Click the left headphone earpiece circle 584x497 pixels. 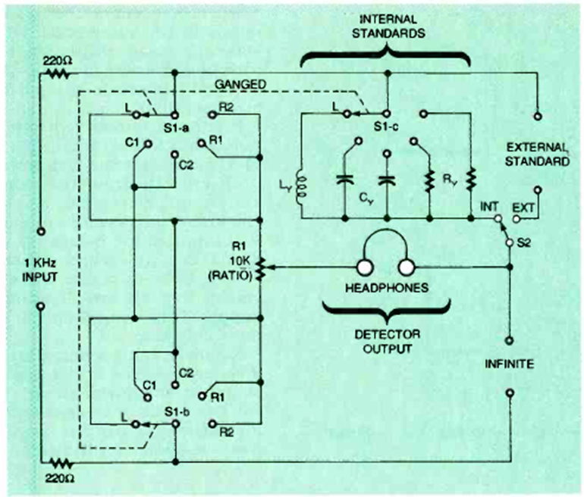click(365, 267)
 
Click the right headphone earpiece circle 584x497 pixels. click(407, 267)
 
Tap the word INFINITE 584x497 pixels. click(510, 364)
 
